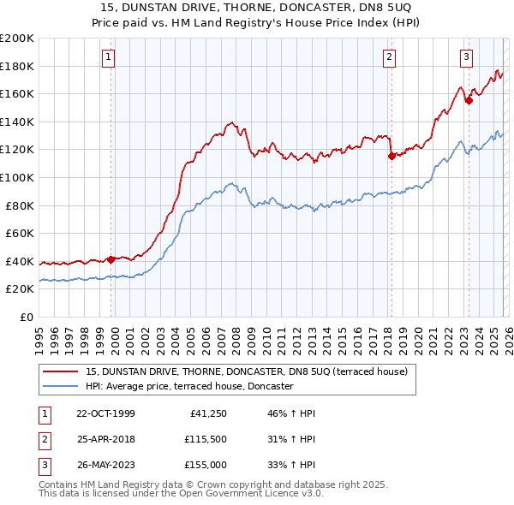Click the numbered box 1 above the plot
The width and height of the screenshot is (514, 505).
(x=109, y=57)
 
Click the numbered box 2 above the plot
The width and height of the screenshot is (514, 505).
(x=389, y=57)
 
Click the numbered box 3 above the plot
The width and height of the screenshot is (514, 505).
(x=466, y=57)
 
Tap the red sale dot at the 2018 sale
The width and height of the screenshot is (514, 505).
(x=391, y=156)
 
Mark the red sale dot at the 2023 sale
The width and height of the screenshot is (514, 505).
(x=469, y=101)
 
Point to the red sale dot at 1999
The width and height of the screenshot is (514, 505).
(x=111, y=259)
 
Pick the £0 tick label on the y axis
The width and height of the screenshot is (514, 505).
(x=26, y=317)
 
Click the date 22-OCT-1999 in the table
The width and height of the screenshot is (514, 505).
(x=105, y=413)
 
